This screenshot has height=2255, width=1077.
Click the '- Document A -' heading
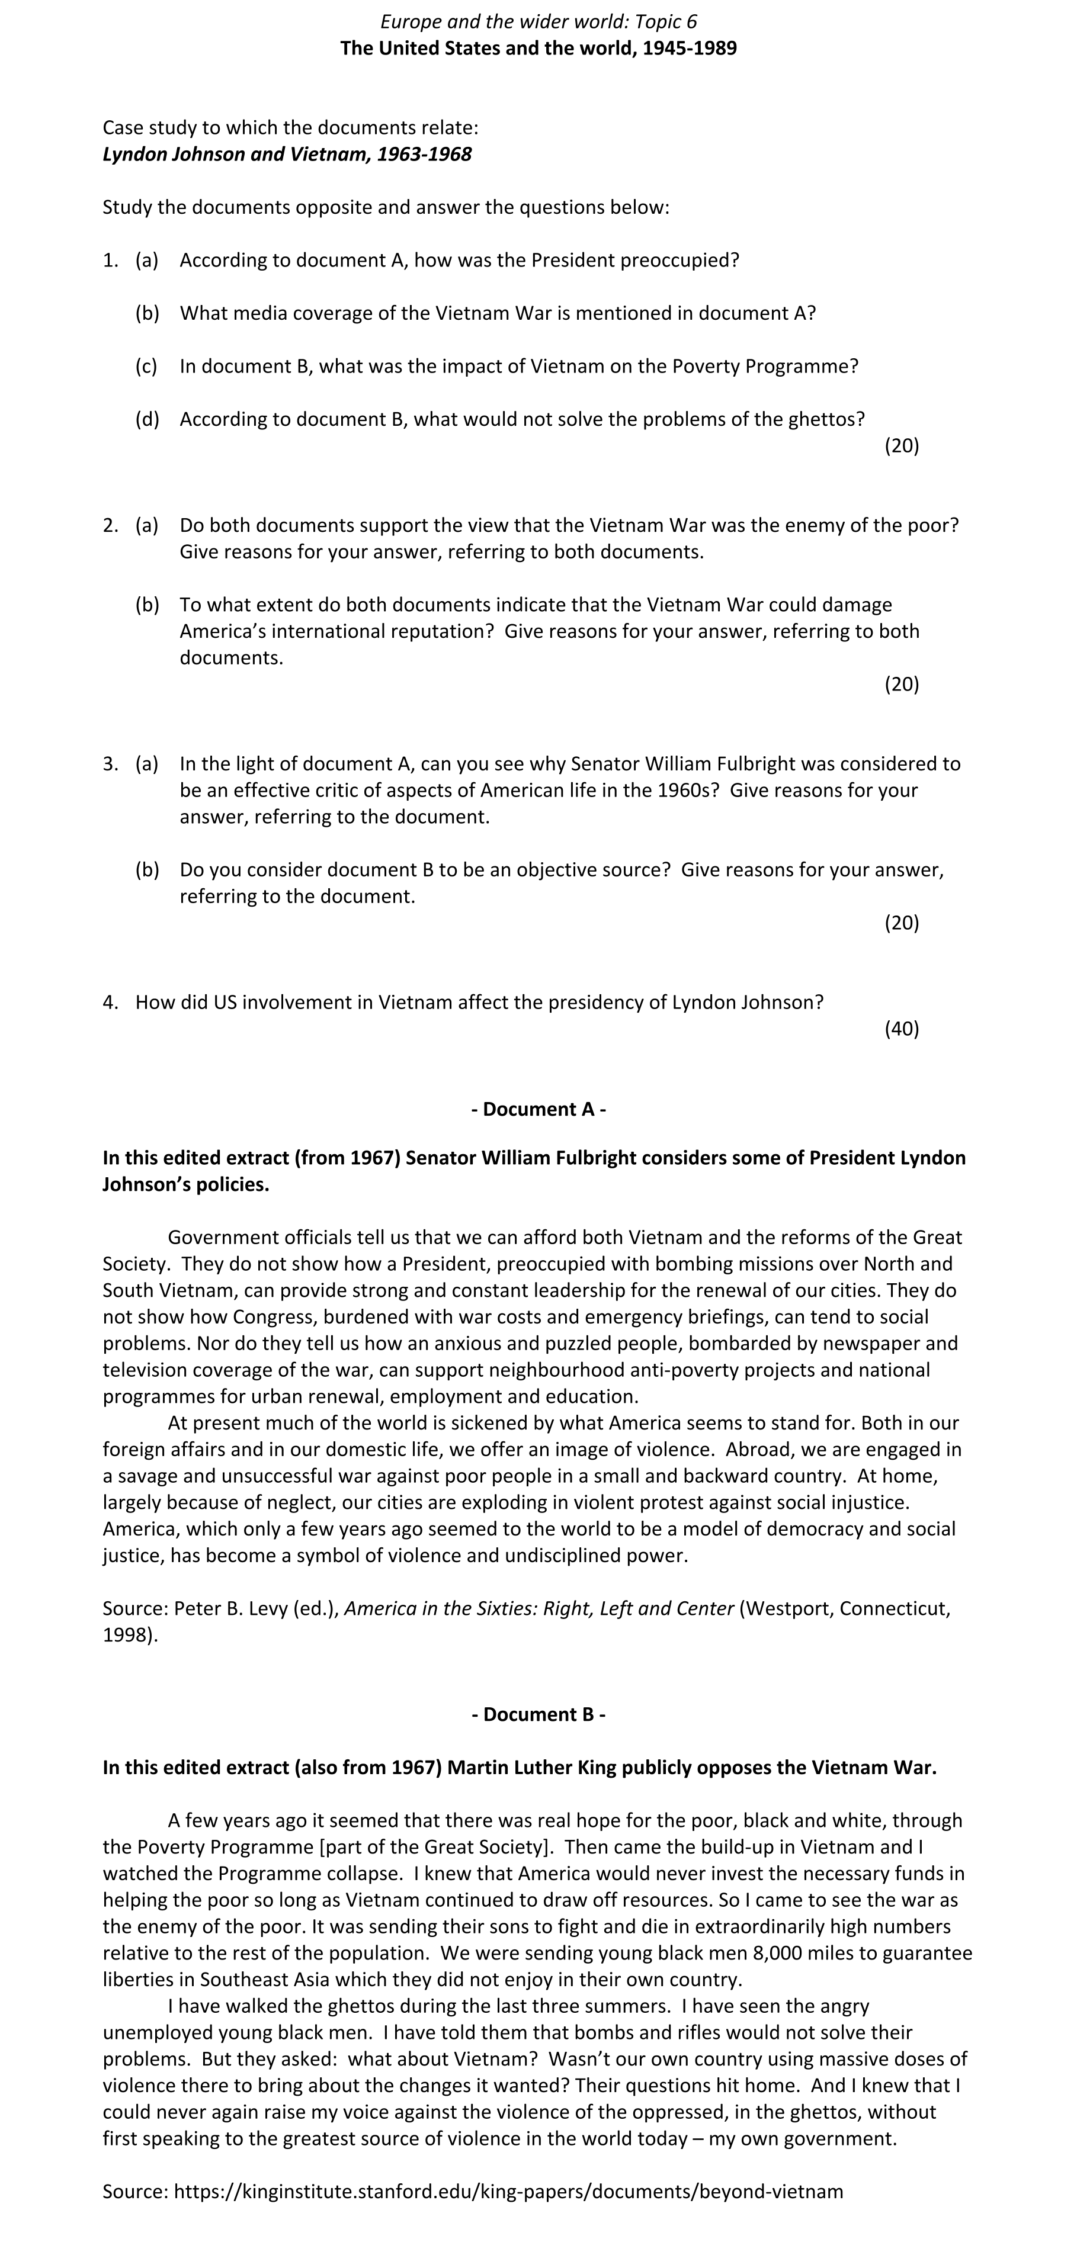pyautogui.click(x=538, y=1109)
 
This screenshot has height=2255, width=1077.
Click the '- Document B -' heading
pyautogui.click(x=538, y=1714)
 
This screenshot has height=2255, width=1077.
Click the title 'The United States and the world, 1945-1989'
pyautogui.click(x=538, y=47)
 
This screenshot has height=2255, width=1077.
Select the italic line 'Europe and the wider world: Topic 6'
pyautogui.click(x=538, y=21)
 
